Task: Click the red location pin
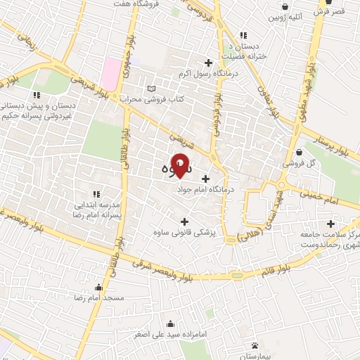[x=181, y=166]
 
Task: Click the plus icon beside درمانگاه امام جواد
[x=205, y=179]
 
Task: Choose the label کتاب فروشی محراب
[x=151, y=99]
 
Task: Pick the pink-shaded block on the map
[x=111, y=73]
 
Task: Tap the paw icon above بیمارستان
[x=255, y=345]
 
